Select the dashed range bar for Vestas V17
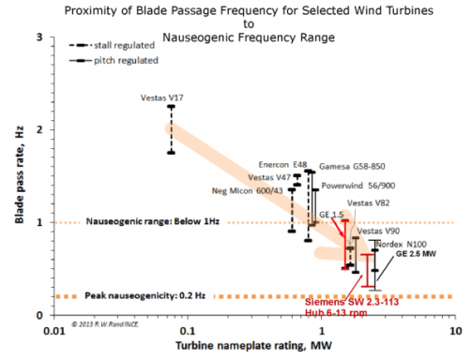[171, 129]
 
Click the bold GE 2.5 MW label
[416, 254]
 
